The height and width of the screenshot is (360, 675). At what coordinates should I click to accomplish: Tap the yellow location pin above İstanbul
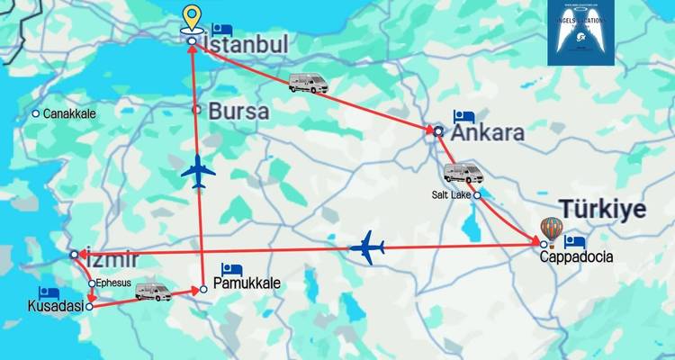(191, 18)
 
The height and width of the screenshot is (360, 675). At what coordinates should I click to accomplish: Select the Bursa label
(238, 112)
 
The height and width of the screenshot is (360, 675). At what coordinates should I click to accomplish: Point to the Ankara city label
(488, 133)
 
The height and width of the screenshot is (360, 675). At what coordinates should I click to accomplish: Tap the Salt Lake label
(452, 194)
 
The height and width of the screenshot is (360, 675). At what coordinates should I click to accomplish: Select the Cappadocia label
(577, 256)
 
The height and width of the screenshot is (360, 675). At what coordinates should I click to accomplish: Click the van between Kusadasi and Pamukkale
(153, 292)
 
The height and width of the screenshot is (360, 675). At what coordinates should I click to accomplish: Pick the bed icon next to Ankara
(463, 116)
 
